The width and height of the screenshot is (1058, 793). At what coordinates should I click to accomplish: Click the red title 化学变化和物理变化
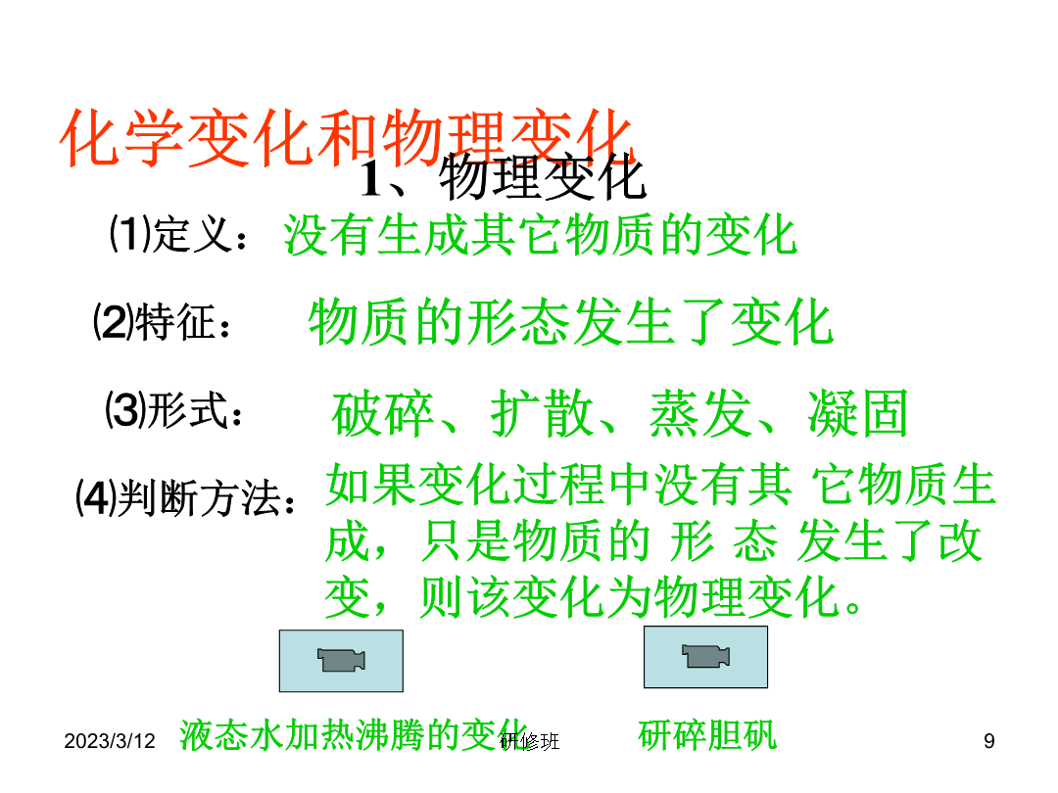coord(347,138)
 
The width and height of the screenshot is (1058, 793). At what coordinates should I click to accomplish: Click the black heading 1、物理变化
coord(503,178)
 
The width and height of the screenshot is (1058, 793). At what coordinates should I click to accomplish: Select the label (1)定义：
coord(178,234)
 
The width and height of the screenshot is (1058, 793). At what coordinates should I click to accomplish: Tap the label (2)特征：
coord(162,322)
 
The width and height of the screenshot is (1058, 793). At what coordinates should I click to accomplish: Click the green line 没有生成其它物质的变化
coord(540,235)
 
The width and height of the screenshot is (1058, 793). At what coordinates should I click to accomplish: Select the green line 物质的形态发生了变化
coord(571,322)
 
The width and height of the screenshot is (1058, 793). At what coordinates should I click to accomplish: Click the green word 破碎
coord(382,413)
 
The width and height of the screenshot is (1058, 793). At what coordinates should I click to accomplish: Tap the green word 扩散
coord(541,413)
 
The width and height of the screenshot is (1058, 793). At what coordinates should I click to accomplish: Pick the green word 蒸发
coord(699,413)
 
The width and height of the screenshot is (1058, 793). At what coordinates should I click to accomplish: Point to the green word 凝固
coord(857,413)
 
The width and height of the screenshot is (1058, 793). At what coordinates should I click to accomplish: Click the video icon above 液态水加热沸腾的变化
coord(342,661)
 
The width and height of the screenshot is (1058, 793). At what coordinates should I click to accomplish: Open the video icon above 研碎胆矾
coord(705,657)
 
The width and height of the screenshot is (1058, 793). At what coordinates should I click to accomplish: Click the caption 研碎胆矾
coord(707,735)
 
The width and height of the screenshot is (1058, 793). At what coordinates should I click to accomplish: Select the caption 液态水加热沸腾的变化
coord(354,735)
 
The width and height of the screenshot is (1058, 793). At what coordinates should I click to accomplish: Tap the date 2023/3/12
coord(110,741)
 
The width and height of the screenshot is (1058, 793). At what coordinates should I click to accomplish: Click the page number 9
coord(989,741)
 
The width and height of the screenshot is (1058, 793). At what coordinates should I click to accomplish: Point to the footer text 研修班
coord(530,742)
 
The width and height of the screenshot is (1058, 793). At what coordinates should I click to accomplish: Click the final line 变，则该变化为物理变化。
coord(595,597)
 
